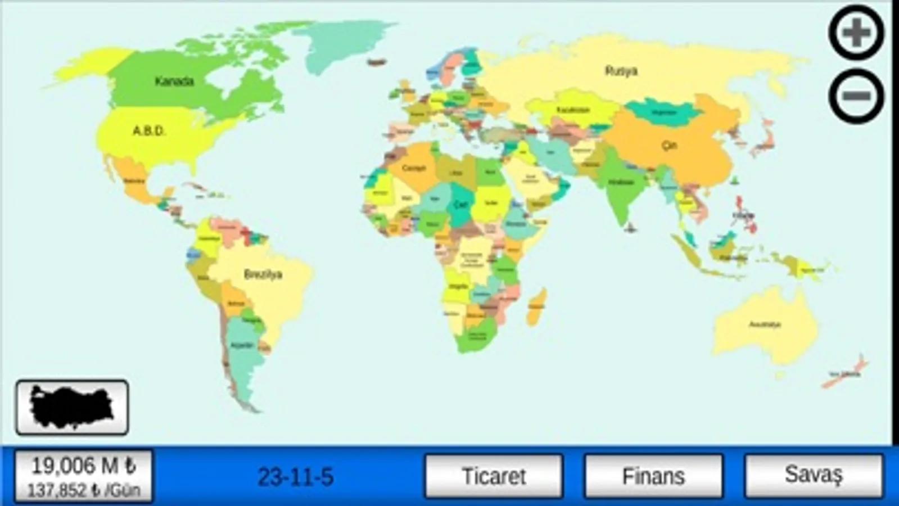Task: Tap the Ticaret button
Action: pyautogui.click(x=494, y=476)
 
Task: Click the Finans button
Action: pyautogui.click(x=653, y=476)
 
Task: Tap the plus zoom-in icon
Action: pyautogui.click(x=856, y=33)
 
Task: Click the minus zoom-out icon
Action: pyautogui.click(x=856, y=96)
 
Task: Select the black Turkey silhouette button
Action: pyautogui.click(x=72, y=407)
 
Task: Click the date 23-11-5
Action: pyautogui.click(x=295, y=477)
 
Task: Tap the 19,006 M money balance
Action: pyautogui.click(x=83, y=466)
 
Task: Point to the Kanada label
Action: pyautogui.click(x=174, y=82)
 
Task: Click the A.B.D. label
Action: pyautogui.click(x=149, y=131)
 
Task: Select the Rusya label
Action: pyautogui.click(x=621, y=71)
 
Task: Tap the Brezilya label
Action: pyautogui.click(x=263, y=274)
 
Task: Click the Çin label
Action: pyautogui.click(x=668, y=145)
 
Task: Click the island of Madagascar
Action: pyautogui.click(x=537, y=306)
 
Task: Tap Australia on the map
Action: pyautogui.click(x=765, y=324)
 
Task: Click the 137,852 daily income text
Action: pyautogui.click(x=83, y=490)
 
